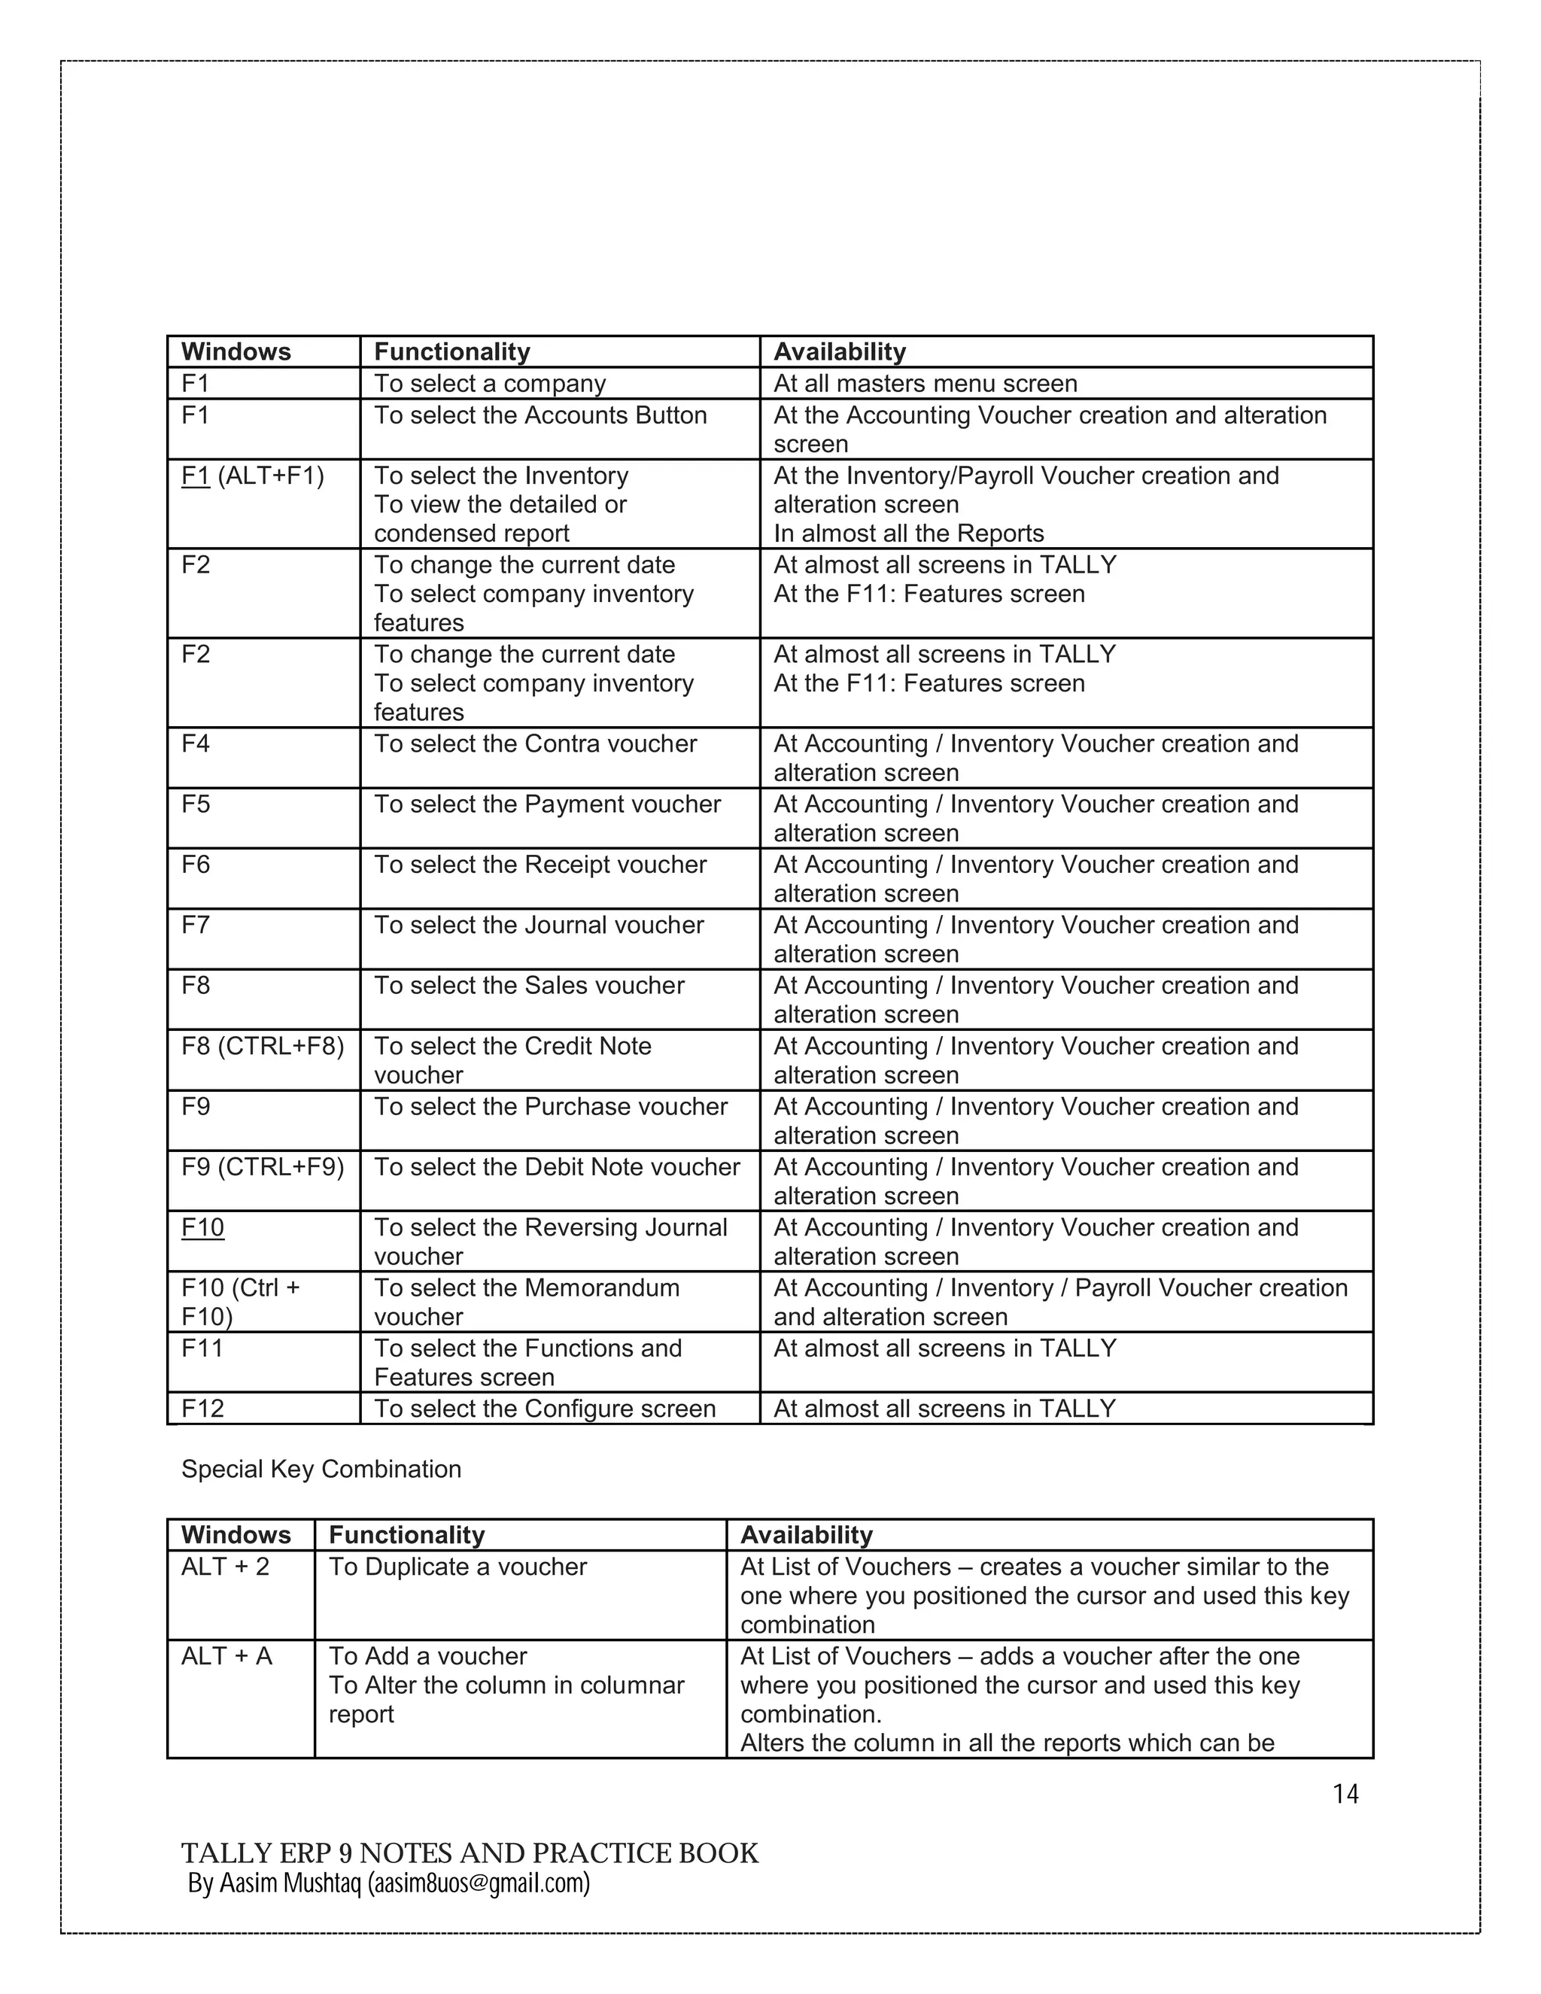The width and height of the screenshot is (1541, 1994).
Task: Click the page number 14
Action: click(x=1345, y=1794)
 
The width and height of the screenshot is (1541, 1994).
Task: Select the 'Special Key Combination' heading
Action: click(x=321, y=1469)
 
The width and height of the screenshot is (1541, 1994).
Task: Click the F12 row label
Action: click(x=202, y=1408)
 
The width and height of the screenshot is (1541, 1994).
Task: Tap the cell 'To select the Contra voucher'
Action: click(x=535, y=744)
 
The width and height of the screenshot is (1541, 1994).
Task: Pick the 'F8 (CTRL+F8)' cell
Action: click(x=263, y=1047)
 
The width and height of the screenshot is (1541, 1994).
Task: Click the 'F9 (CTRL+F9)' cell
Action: click(x=263, y=1167)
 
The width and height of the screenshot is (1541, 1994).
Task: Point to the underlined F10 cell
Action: click(x=202, y=1228)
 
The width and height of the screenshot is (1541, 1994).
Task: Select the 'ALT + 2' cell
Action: click(x=226, y=1567)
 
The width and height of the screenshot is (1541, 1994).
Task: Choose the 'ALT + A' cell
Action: click(x=226, y=1656)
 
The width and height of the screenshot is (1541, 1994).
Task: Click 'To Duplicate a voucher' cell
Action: click(x=457, y=1567)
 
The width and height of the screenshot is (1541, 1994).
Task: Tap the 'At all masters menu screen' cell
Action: click(x=925, y=384)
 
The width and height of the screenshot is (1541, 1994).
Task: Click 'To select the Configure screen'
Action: click(x=545, y=1408)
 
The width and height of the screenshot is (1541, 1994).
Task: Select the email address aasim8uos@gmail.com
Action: click(x=479, y=1883)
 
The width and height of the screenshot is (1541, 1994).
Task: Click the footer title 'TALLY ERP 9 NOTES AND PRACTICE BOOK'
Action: click(x=470, y=1853)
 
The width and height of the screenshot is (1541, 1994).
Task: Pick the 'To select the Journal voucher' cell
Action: click(x=539, y=925)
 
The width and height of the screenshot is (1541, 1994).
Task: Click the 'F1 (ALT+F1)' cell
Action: click(x=253, y=476)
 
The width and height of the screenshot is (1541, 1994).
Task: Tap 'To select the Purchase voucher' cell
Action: click(x=551, y=1107)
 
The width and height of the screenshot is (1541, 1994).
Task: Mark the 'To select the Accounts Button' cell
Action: click(x=540, y=415)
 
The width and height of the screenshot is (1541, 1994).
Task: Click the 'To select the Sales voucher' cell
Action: click(x=528, y=986)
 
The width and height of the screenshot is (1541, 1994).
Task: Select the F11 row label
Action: click(x=202, y=1348)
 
